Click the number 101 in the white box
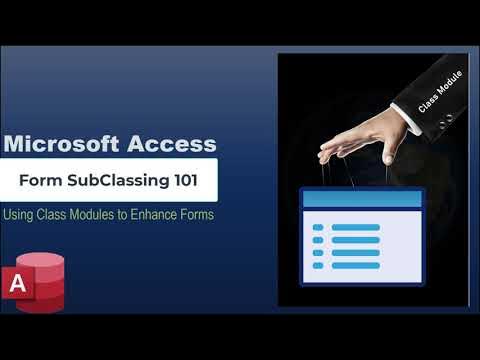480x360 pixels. click(x=182, y=181)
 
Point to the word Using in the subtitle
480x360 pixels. click(x=22, y=215)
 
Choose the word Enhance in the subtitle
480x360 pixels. click(x=174, y=215)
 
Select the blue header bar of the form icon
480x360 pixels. click(x=348, y=201)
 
